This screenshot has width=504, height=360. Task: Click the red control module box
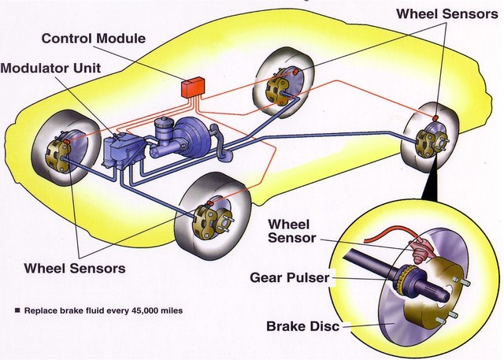(192, 87)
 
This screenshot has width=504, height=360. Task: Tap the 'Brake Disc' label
(303, 325)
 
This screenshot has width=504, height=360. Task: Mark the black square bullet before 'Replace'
(17, 310)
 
